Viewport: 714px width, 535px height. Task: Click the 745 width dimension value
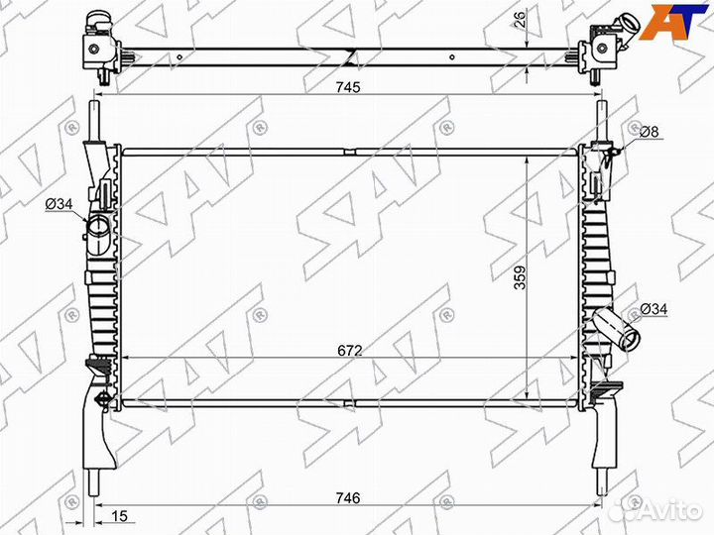pos(348,87)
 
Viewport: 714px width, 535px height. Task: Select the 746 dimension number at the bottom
pos(348,497)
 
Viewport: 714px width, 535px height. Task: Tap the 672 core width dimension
pos(350,351)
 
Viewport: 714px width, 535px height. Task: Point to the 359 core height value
pos(520,277)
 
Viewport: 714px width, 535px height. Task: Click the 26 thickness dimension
pos(520,18)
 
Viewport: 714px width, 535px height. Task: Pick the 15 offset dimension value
pos(119,516)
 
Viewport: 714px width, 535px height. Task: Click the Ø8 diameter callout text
pos(650,132)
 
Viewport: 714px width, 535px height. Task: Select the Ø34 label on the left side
pos(59,204)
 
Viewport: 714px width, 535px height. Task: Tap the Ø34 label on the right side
pos(654,309)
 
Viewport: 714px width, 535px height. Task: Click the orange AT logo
pos(673,21)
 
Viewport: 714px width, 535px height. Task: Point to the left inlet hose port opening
pos(98,227)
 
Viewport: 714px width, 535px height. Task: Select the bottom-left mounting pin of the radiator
pos(94,482)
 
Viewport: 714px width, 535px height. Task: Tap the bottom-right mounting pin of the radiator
pos(602,482)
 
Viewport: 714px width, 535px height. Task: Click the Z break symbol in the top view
pos(351,55)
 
